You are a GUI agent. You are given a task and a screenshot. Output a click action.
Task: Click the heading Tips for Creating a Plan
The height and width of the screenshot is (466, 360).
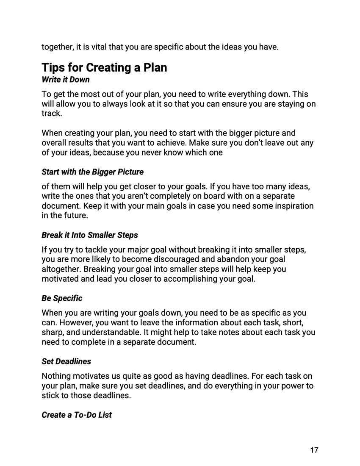pyautogui.click(x=104, y=68)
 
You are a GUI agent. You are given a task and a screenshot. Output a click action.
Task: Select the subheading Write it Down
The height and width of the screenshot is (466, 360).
pyautogui.click(x=66, y=80)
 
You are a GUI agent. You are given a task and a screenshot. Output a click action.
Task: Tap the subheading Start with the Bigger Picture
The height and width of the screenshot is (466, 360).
pyautogui.click(x=92, y=172)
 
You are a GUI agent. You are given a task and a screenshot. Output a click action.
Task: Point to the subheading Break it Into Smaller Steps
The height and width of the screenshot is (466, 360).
pyautogui.click(x=90, y=235)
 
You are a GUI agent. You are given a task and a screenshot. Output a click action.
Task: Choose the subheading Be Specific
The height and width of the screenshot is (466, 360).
pyautogui.click(x=62, y=298)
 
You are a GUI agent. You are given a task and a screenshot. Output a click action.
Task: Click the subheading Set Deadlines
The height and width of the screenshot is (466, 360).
pyautogui.click(x=66, y=361)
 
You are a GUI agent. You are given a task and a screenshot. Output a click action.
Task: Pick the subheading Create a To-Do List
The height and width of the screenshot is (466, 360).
pyautogui.click(x=77, y=415)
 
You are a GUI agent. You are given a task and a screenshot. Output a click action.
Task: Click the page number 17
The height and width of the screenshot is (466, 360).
pyautogui.click(x=314, y=450)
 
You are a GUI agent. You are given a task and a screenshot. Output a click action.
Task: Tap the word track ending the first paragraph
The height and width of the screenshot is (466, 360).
pyautogui.click(x=51, y=114)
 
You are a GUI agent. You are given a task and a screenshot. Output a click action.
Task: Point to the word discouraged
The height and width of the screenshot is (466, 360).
pyautogui.click(x=186, y=259)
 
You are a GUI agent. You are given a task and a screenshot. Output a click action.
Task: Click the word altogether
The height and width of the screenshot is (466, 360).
pyautogui.click(x=61, y=269)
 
